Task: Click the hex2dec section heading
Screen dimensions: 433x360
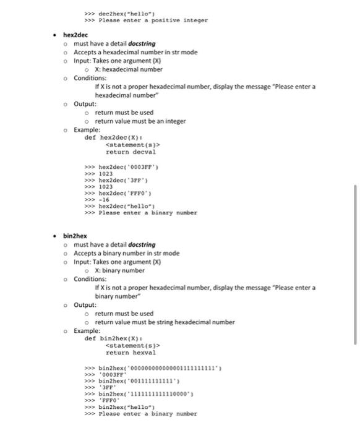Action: click(75, 35)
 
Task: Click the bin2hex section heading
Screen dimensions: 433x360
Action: click(75, 236)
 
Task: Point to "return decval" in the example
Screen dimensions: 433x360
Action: click(131, 152)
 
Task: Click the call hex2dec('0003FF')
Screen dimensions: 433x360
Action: click(129, 167)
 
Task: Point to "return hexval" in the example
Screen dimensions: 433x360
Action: click(131, 352)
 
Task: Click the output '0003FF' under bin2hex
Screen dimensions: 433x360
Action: click(113, 375)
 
